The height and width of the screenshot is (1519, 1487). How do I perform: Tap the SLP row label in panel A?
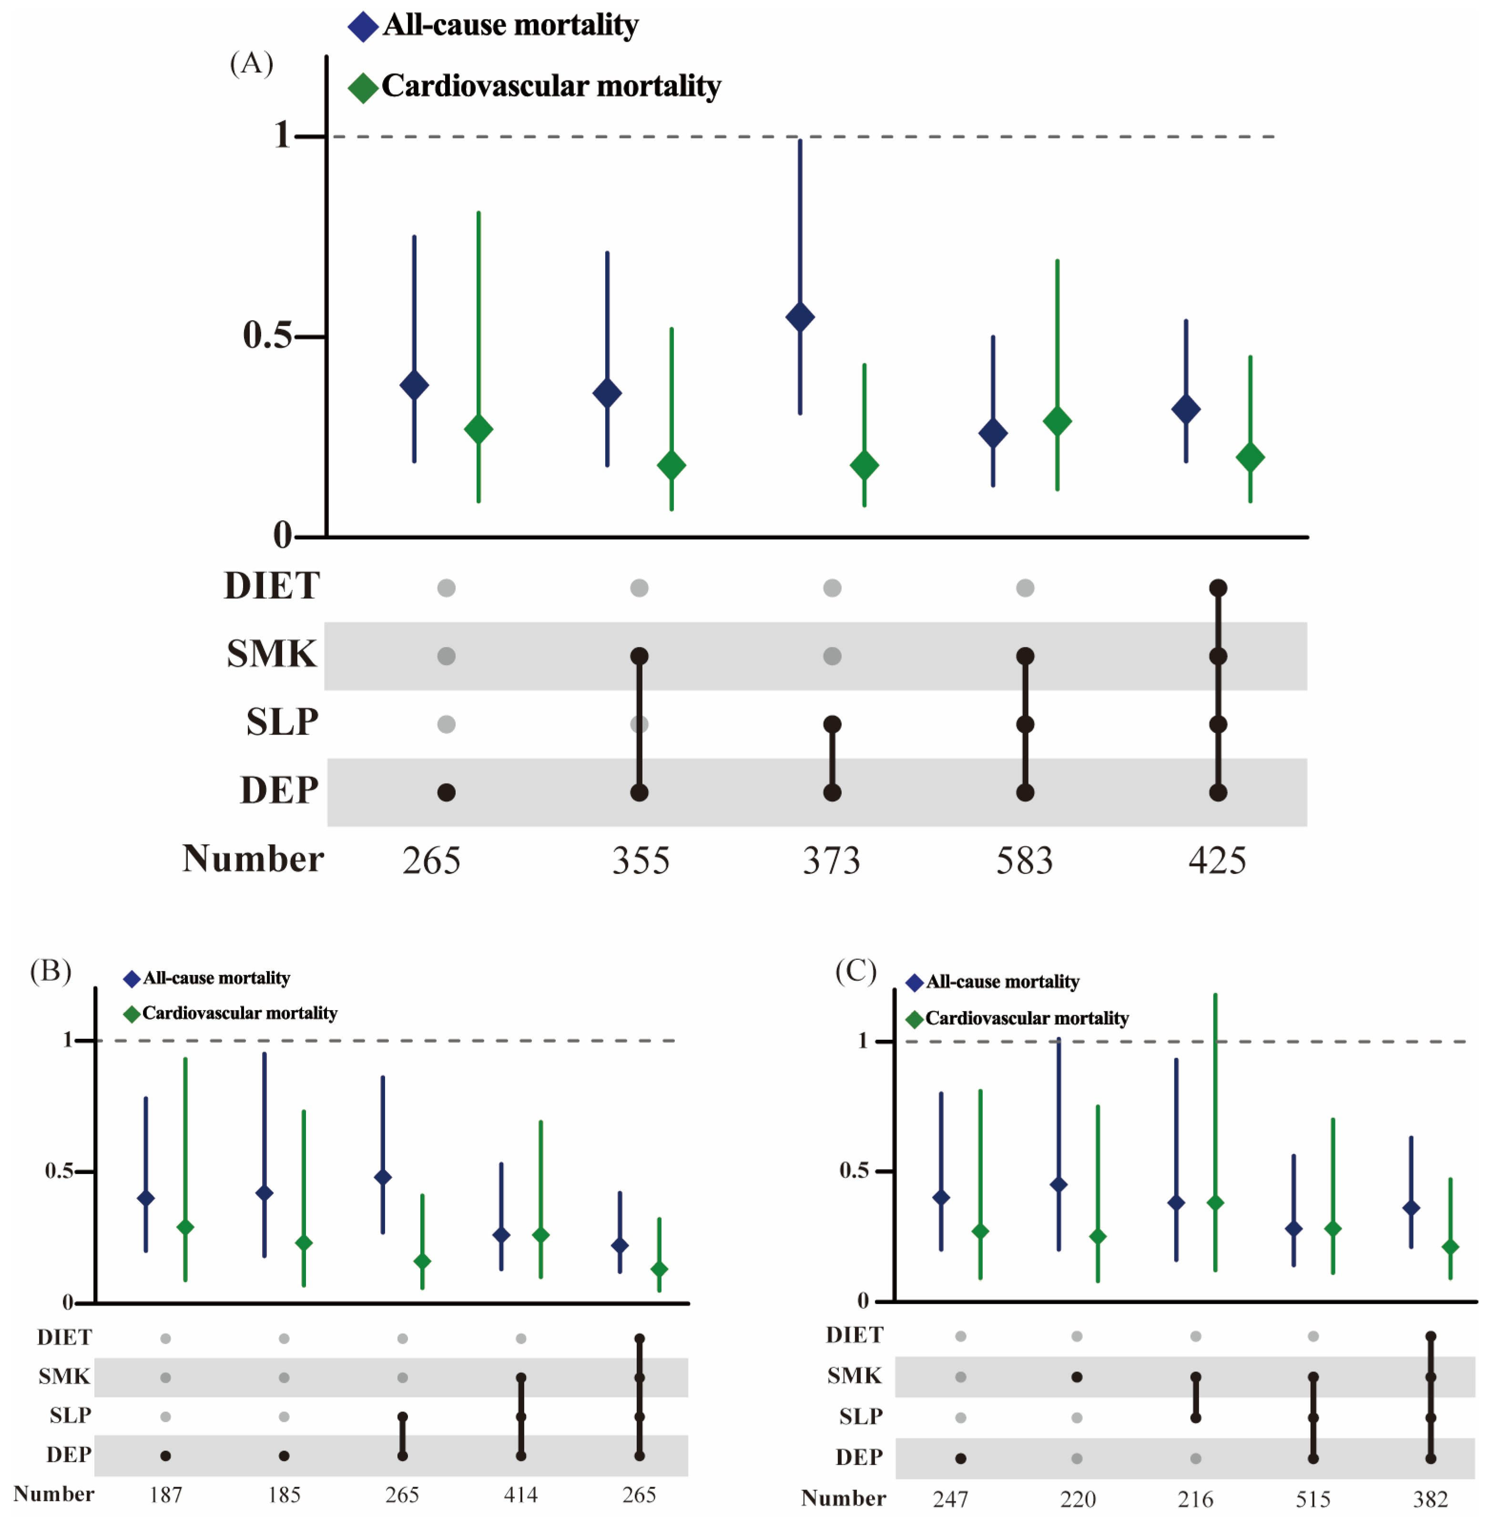[282, 722]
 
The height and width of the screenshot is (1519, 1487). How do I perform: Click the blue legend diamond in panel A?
[363, 27]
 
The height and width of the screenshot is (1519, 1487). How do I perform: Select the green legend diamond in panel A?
[363, 88]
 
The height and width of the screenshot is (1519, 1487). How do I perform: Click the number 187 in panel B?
[165, 1495]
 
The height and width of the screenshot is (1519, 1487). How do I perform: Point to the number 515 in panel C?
[1313, 1499]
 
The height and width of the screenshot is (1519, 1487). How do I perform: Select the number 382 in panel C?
[1430, 1499]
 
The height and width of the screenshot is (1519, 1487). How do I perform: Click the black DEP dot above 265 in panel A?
[446, 792]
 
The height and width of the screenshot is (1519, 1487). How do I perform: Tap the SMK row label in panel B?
[65, 1376]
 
